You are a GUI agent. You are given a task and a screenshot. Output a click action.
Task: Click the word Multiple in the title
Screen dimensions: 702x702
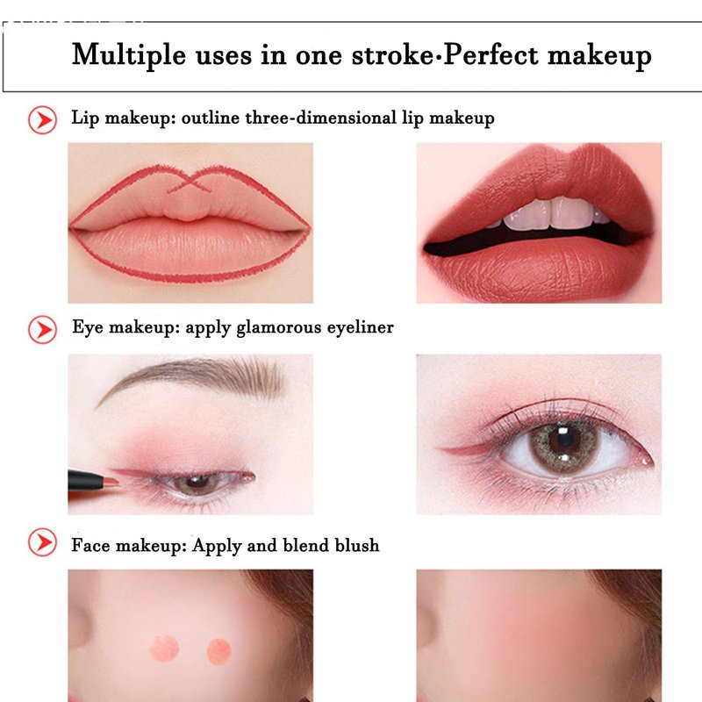(x=128, y=55)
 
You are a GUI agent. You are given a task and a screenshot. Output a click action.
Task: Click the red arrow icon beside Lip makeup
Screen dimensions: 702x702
(x=42, y=120)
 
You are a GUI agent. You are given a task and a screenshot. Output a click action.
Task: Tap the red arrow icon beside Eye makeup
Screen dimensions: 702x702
(x=42, y=330)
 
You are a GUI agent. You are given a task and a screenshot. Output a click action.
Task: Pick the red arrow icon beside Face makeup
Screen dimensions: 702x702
(x=42, y=542)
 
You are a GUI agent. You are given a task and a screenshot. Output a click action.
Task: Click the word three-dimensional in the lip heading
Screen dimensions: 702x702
(x=320, y=118)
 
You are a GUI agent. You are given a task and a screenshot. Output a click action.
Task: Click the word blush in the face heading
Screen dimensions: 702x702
(x=357, y=545)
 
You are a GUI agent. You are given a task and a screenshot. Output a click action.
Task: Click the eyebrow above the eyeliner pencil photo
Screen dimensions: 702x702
(x=190, y=377)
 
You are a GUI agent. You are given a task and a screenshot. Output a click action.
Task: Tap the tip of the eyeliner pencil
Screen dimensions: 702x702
(x=117, y=482)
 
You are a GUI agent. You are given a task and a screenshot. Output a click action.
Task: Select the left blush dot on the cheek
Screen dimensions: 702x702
(x=164, y=648)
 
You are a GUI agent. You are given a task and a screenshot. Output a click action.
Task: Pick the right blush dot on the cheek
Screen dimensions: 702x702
(x=218, y=651)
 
